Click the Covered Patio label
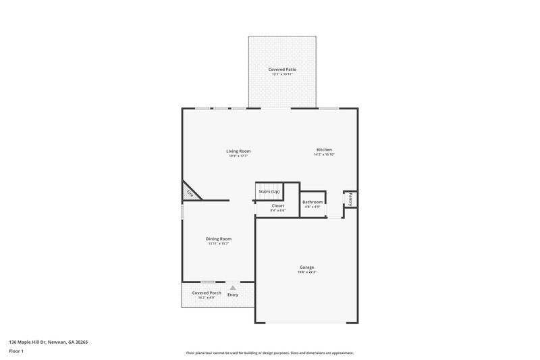[283, 69]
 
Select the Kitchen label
[324, 149]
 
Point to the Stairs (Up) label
[269, 192]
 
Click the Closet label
[278, 205]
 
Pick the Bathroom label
[313, 202]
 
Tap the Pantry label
[351, 199]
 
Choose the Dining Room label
[219, 238]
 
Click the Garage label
[307, 267]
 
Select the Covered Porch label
[207, 292]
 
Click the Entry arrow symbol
[233, 287]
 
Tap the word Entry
[233, 294]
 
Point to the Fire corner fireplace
[190, 194]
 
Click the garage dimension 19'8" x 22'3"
[307, 272]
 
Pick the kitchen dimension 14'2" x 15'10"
[324, 155]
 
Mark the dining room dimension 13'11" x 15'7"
[219, 244]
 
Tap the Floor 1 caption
[17, 351]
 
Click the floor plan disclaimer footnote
[270, 353]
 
